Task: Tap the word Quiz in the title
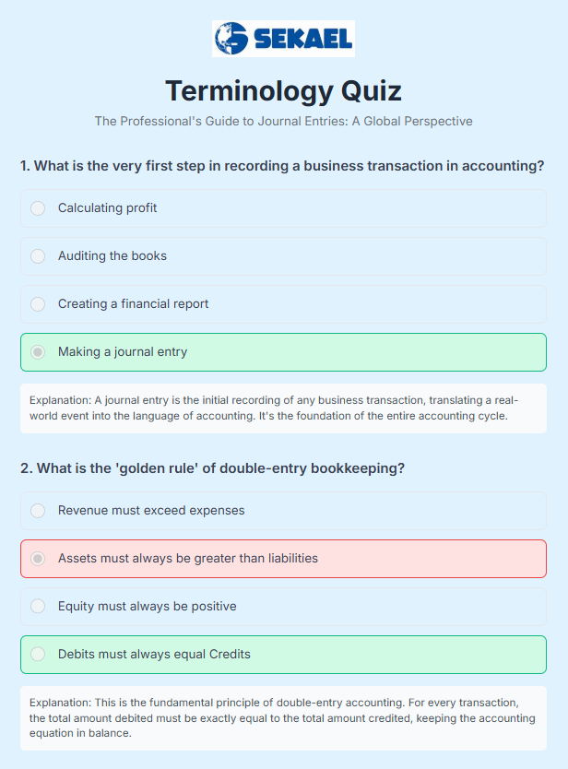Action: click(372, 91)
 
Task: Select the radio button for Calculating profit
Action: click(38, 208)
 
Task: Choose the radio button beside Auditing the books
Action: click(38, 256)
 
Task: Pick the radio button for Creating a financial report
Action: click(38, 304)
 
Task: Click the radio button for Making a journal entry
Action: click(38, 352)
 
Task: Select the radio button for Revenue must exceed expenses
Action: click(38, 511)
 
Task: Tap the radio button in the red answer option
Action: click(38, 559)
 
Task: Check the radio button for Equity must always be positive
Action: click(38, 607)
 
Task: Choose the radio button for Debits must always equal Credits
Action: click(38, 655)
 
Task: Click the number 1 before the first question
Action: click(25, 166)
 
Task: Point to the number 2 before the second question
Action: click(25, 468)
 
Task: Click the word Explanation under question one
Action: click(60, 400)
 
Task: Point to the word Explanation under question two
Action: click(60, 703)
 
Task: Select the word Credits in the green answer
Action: click(229, 655)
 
